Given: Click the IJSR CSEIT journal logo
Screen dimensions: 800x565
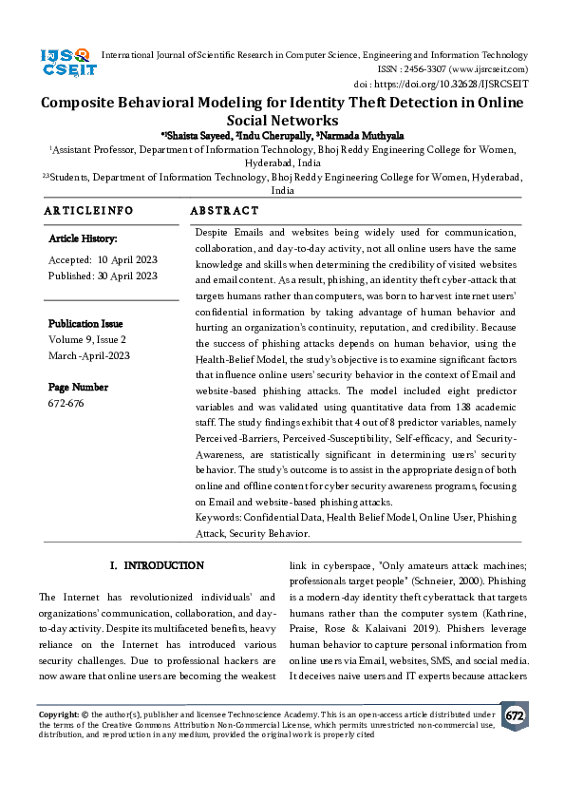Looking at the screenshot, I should click(66, 65).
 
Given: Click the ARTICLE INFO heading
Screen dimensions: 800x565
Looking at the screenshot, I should click(89, 210).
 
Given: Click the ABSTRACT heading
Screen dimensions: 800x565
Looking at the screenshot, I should click(224, 210).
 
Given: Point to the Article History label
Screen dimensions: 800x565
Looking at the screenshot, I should click(83, 239).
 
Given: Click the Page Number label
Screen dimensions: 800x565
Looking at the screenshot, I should click(78, 388).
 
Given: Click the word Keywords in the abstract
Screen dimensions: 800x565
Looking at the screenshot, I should click(217, 517).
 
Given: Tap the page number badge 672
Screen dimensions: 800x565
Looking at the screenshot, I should click(514, 715).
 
